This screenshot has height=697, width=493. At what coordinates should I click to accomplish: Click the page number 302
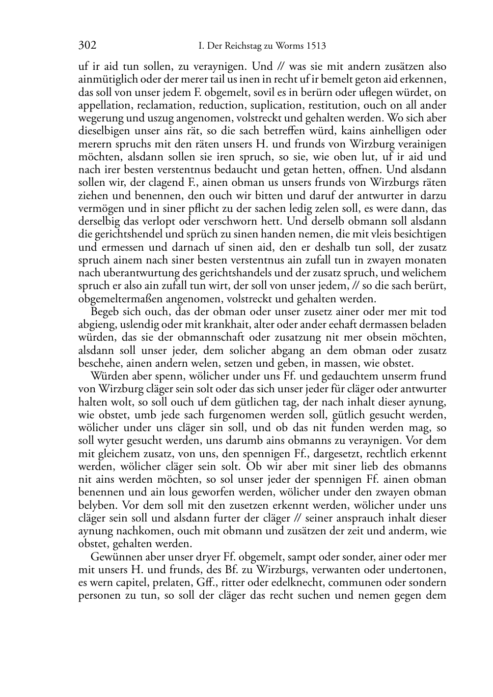point(87,46)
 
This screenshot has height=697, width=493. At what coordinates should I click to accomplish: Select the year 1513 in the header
point(316,46)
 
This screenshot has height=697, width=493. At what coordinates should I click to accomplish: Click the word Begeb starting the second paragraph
point(104,312)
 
